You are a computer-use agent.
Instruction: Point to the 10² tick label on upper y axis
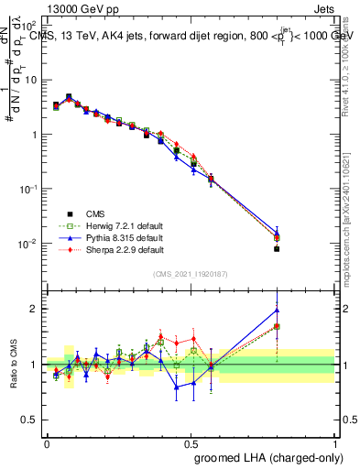(x=30, y=25)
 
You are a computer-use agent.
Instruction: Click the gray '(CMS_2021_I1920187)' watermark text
(x=191, y=273)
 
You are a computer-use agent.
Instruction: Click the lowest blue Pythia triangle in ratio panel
(x=177, y=387)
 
